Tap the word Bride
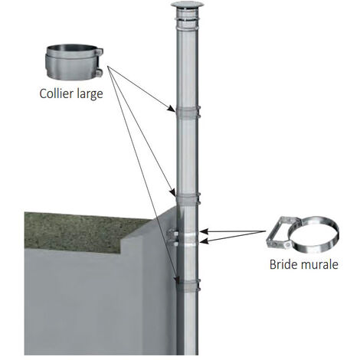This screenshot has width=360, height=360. pos(284,264)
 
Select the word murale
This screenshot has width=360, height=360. pos(319,264)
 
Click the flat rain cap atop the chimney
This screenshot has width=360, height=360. pos(187,5)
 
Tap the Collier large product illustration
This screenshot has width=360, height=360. pos(74,61)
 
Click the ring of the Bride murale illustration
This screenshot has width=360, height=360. pos(313,234)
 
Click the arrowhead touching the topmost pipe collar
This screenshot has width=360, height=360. pos(172,109)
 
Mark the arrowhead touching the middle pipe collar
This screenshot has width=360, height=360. pos(172,191)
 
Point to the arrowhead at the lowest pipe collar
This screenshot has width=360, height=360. pos(176,280)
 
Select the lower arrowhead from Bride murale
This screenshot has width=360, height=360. pos(205,241)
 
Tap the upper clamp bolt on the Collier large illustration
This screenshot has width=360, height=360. pos(99,52)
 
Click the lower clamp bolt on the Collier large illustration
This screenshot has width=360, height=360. pos(99,73)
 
